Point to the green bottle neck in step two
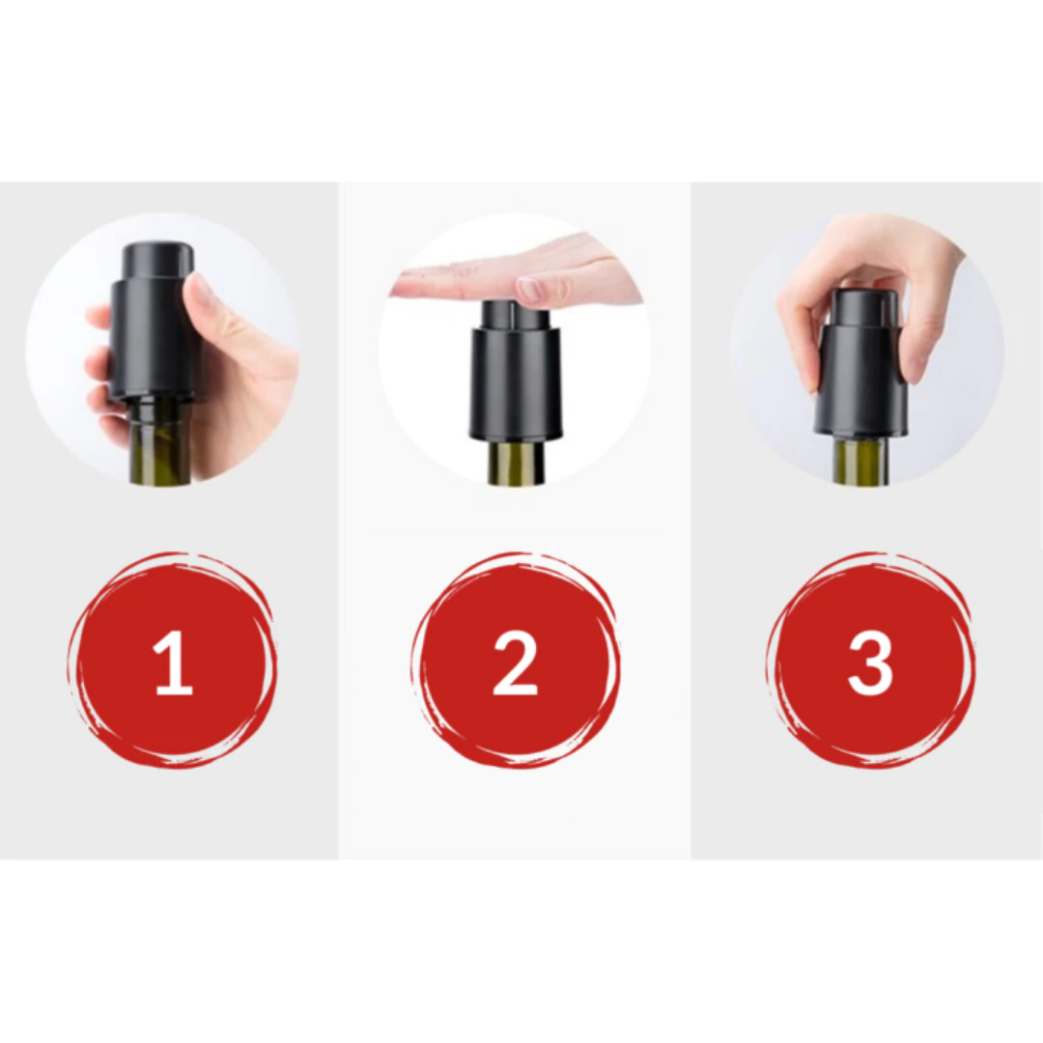tap(516, 464)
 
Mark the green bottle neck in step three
tap(860, 462)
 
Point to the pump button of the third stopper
tap(865, 307)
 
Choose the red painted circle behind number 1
tap(106, 618)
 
